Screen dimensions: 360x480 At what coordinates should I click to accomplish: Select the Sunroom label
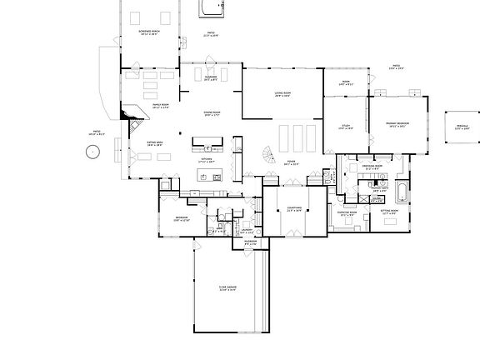click(211, 77)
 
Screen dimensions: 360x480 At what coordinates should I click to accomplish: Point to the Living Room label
click(282, 94)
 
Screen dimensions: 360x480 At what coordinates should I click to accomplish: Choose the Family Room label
click(160, 106)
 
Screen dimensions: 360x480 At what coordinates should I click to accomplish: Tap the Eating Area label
click(156, 143)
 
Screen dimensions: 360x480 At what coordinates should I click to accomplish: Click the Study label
click(345, 127)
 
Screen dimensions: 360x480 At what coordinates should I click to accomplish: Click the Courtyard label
click(294, 211)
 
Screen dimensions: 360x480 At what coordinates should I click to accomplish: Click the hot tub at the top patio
click(212, 9)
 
